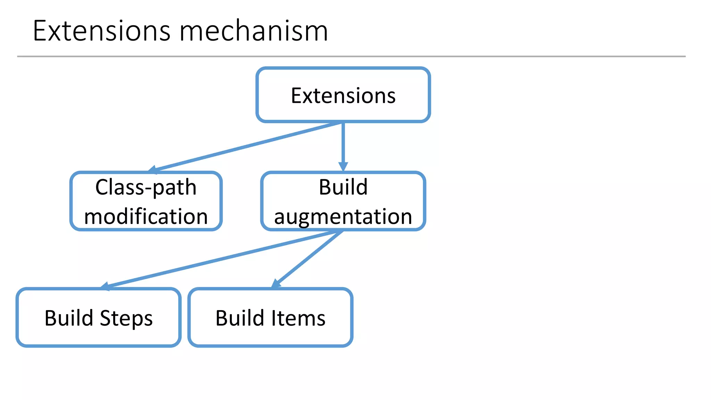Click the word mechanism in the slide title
point(253,31)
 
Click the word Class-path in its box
point(146,187)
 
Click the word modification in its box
point(146,217)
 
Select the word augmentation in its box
point(343,217)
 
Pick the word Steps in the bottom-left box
point(126,318)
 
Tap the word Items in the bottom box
point(298,318)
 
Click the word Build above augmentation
point(343,187)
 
